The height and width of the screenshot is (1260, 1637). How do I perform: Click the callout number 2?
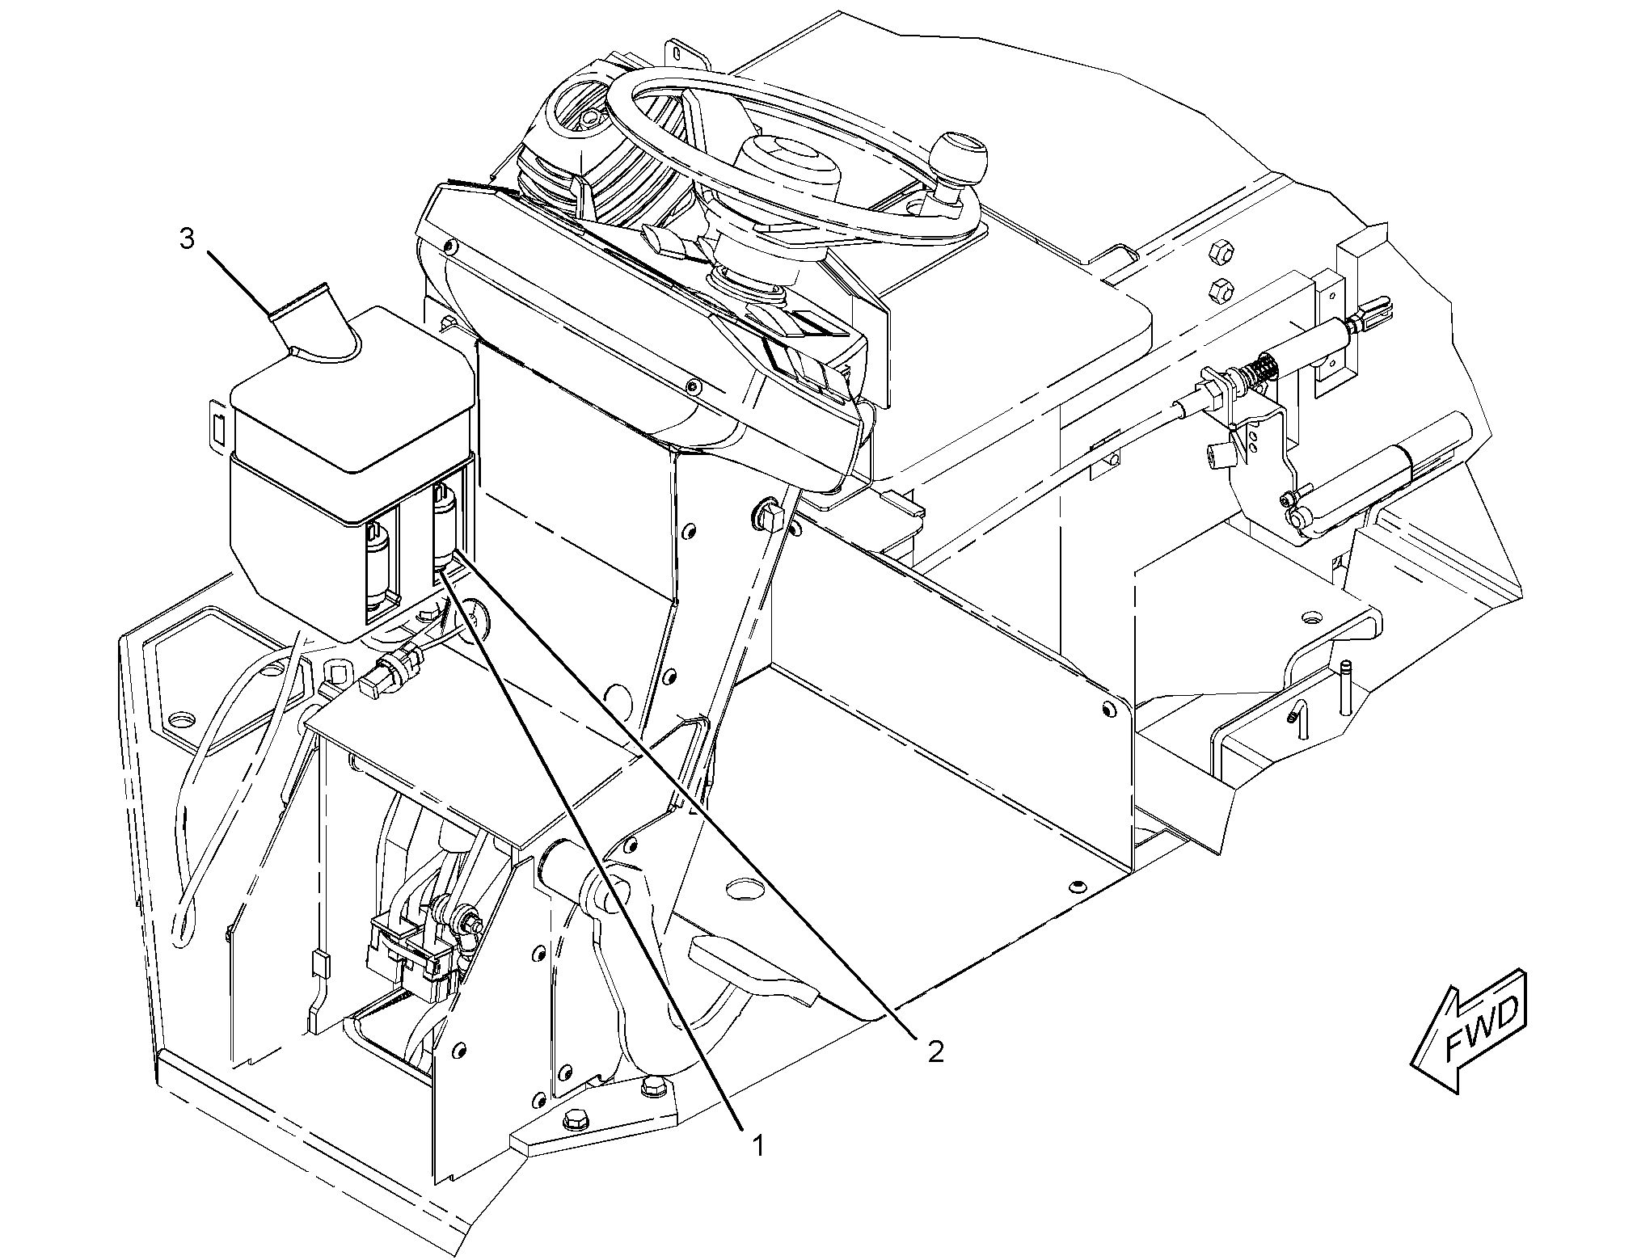pos(935,1051)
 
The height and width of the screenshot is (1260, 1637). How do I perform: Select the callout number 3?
pos(187,239)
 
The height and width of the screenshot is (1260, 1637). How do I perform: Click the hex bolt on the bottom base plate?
pos(575,1122)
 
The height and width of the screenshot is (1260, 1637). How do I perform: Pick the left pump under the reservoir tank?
pos(378,567)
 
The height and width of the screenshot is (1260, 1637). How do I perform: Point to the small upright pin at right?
pos(1345,687)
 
